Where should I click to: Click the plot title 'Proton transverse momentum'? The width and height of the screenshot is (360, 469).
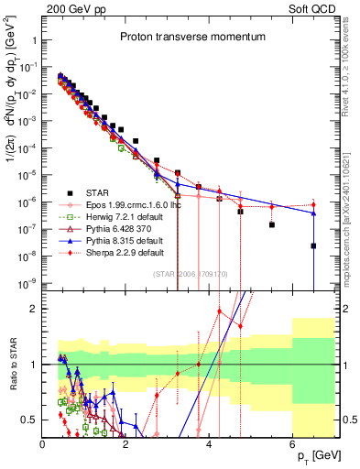pyautogui.click(x=190, y=38)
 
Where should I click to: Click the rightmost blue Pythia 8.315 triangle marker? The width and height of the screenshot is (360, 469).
pyautogui.click(x=313, y=213)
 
